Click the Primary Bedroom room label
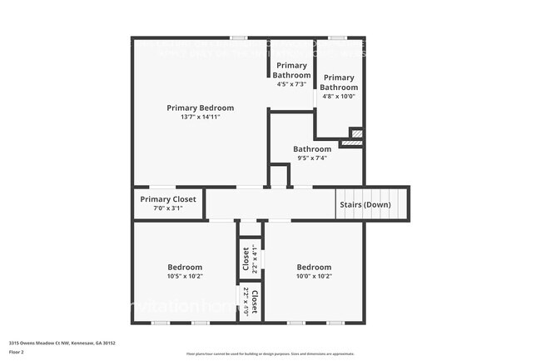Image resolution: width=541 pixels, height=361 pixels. [200, 108]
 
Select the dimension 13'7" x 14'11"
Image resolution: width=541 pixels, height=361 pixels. [200, 117]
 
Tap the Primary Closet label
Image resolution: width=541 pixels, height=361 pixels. [168, 199]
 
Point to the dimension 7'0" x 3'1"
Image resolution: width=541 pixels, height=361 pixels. [168, 208]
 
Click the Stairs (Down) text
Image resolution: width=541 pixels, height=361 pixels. [364, 204]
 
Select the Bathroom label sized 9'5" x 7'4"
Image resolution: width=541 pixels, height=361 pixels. [311, 149]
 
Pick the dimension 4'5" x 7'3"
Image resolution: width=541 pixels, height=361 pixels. [291, 84]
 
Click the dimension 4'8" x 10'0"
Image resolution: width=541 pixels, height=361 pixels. [339, 96]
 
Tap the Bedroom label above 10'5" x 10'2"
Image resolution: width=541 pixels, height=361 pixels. [185, 267]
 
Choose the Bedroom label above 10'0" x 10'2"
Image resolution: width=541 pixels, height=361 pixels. [314, 267]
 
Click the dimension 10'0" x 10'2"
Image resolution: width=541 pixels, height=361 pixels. [314, 276]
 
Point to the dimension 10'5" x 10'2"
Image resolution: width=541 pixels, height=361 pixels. [185, 276]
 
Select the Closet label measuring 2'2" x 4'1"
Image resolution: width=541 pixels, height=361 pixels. [246, 258]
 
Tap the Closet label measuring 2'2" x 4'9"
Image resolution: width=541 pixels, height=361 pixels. [256, 301]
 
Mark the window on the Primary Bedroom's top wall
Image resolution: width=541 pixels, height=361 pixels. [239, 38]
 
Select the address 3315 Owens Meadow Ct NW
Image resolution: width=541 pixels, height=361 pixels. [62, 343]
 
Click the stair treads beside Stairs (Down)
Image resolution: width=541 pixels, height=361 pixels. [400, 204]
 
